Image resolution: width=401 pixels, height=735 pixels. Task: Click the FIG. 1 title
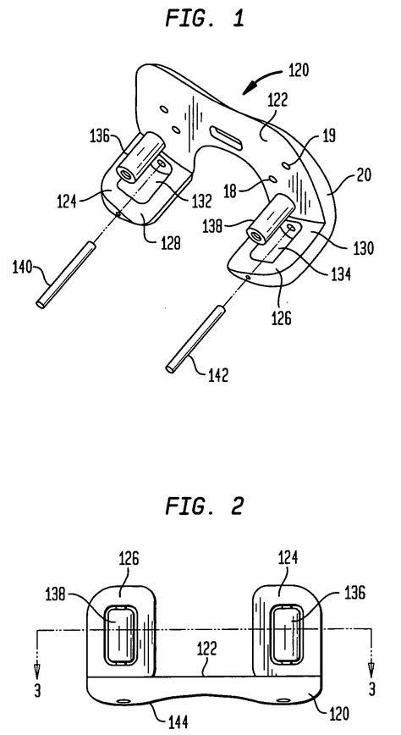201,18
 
